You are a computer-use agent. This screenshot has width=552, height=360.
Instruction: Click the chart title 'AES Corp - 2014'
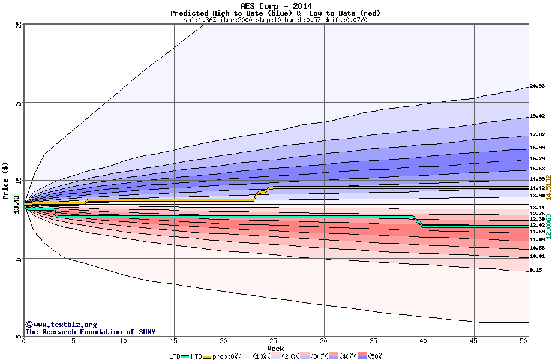pos(275,5)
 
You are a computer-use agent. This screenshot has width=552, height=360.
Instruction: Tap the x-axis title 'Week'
pos(275,349)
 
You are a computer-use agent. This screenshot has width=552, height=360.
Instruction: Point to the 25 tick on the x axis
pos(274,341)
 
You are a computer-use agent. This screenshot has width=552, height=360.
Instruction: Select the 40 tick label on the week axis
pos(424,341)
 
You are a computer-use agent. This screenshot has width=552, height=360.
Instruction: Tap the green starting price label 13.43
pos(16,205)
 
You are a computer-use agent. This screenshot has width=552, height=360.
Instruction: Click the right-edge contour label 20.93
pos(537,86)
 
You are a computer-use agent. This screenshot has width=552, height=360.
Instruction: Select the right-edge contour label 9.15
pos(536,271)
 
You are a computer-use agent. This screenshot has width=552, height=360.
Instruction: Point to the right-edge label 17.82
pos(537,134)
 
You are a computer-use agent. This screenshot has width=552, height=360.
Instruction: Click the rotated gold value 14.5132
pos(548,188)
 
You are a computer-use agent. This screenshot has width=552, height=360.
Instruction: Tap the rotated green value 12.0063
pos(548,226)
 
